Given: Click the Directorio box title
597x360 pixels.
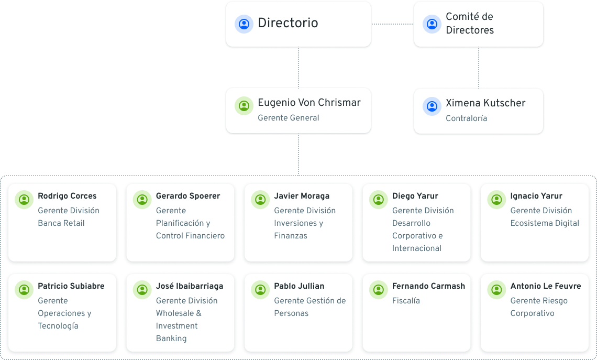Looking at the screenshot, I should click(288, 23).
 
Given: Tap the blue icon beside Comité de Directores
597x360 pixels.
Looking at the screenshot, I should click(432, 24).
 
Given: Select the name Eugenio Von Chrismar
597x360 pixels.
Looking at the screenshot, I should click(309, 103).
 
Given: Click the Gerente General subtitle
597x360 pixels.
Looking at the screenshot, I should click(288, 118).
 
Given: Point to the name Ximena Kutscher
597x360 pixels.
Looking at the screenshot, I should click(485, 103).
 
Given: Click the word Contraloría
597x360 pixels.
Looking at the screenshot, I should click(466, 118).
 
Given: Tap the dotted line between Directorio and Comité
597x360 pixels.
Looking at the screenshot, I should click(392, 24).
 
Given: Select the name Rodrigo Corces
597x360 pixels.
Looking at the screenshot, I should click(67, 196).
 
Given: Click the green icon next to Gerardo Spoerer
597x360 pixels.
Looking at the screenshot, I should click(142, 199).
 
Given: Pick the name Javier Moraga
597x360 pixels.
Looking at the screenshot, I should click(302, 196).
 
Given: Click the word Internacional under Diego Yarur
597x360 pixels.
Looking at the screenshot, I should click(416, 248).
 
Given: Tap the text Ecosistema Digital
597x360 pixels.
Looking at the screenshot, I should click(545, 223).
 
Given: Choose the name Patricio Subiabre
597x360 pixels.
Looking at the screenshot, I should click(71, 286).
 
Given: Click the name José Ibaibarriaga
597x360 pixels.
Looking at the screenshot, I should click(189, 286).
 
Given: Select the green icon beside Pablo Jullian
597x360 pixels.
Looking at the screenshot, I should click(260, 289).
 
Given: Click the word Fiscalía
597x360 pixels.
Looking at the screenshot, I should click(406, 301).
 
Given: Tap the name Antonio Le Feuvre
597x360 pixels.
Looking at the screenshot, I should click(545, 286).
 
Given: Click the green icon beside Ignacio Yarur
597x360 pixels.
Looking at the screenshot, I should click(496, 199).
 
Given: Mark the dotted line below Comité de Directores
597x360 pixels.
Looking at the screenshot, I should click(478, 68).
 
